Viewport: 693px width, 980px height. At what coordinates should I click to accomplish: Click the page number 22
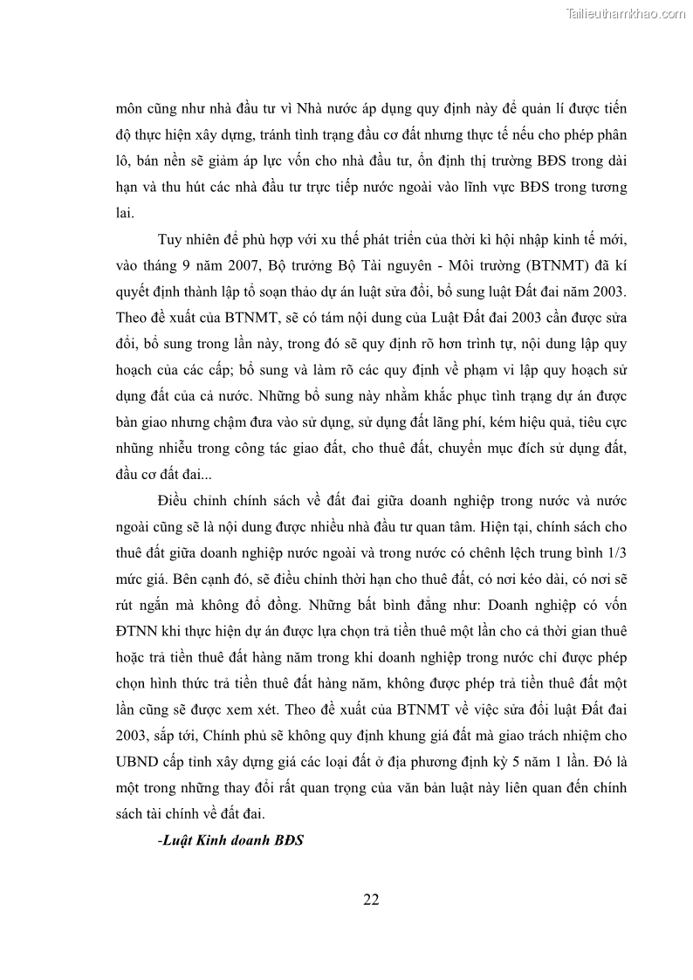[x=371, y=901]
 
